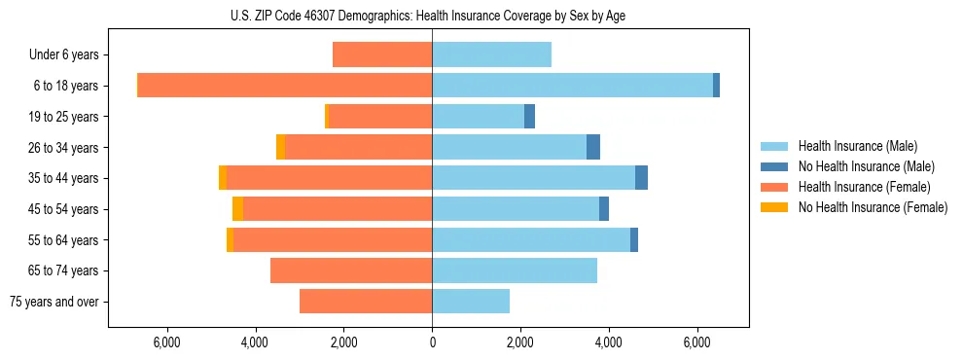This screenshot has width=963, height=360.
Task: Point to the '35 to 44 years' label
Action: tap(63, 178)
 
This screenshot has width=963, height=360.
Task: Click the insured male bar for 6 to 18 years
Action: tap(572, 86)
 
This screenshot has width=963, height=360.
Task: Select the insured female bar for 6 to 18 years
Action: tap(285, 86)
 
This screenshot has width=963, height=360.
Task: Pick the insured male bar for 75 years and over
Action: tap(471, 302)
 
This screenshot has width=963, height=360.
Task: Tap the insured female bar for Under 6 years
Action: tap(382, 55)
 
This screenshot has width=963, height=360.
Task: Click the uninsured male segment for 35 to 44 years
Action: tap(641, 178)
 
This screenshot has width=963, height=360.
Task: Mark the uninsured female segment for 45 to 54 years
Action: tap(237, 209)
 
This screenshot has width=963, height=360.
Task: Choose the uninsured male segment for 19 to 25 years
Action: tap(529, 117)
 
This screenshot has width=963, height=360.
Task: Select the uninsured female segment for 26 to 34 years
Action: tap(280, 147)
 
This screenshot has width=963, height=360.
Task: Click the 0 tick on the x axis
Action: tap(432, 342)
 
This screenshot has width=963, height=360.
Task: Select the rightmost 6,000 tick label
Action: tap(697, 342)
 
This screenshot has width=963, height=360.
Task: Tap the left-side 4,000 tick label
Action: tap(255, 342)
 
